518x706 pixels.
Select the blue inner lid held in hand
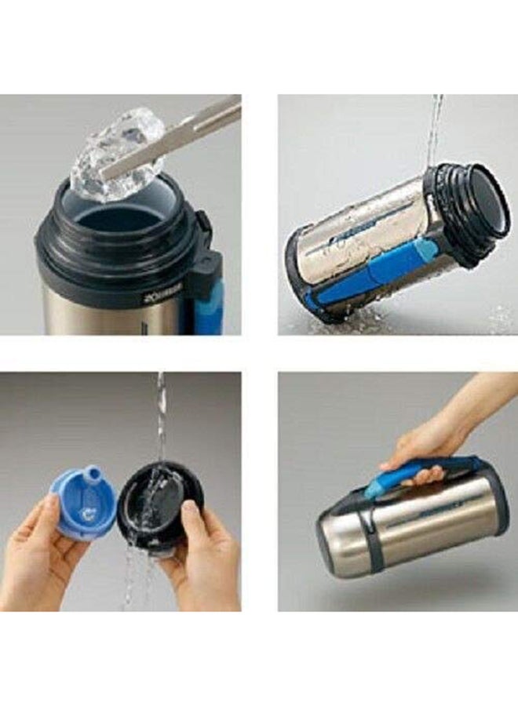point(82,502)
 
